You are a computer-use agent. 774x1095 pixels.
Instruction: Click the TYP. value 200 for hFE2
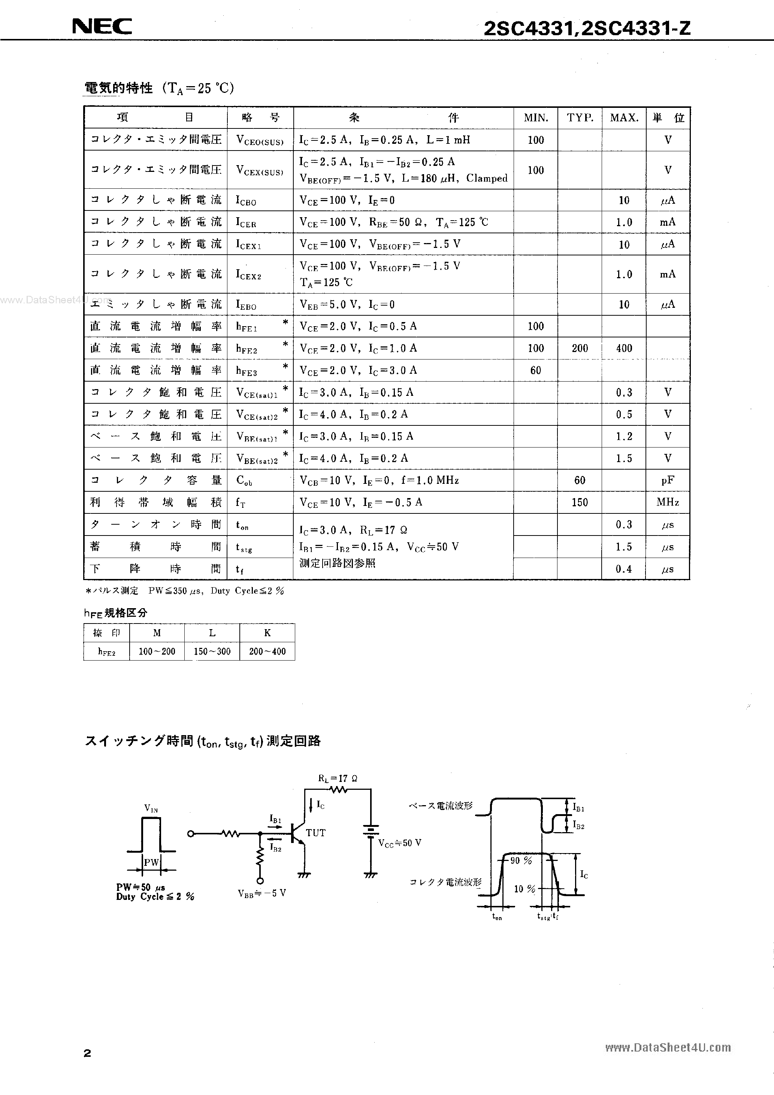(580, 348)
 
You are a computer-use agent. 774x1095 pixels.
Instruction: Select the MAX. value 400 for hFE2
(624, 348)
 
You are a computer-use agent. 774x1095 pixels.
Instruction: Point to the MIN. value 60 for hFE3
(535, 370)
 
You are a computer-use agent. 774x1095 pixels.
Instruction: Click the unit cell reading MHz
(668, 502)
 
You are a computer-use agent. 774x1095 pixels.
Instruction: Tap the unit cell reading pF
(668, 480)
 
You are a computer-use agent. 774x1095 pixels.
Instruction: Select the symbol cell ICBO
(246, 200)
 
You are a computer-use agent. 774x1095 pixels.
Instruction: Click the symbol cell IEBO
(246, 304)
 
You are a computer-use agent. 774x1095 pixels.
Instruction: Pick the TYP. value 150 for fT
(580, 502)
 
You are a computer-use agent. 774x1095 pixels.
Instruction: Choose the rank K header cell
(267, 633)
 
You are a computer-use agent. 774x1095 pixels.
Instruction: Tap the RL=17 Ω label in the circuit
(338, 778)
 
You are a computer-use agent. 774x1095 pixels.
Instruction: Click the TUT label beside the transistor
(315, 833)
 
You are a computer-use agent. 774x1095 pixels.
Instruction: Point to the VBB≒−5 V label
(262, 893)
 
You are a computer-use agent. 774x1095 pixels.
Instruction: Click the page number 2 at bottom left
(87, 1053)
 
